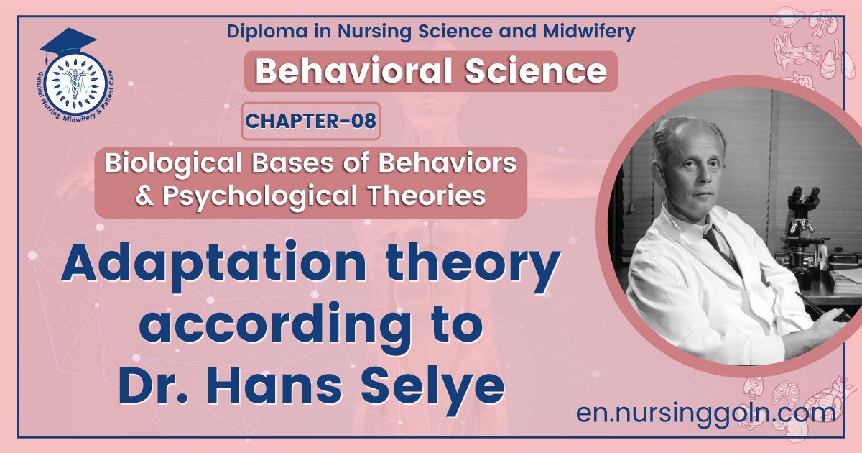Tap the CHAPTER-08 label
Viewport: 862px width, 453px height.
coord(310,121)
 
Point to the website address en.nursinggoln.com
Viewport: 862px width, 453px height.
coord(706,413)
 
